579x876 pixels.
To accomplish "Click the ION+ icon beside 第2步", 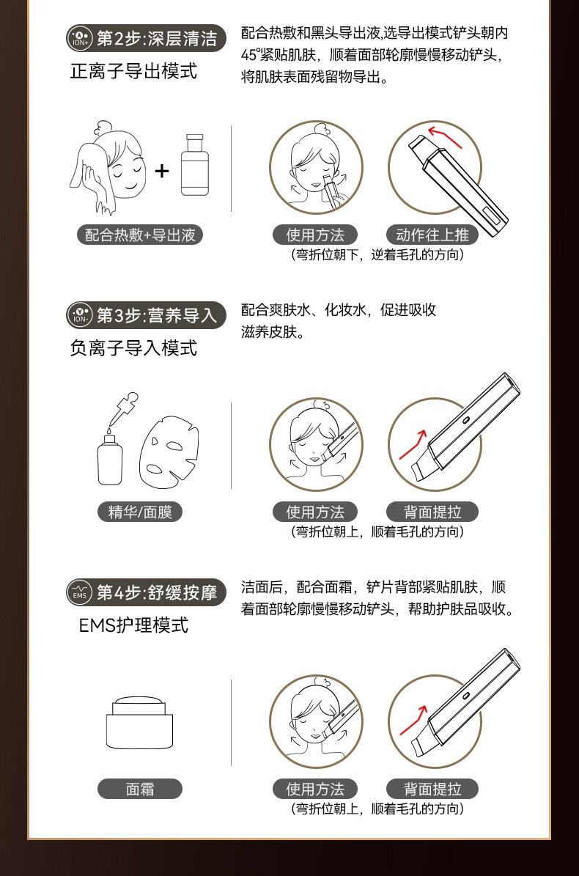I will (80, 37).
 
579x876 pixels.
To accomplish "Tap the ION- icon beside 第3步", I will (80, 315).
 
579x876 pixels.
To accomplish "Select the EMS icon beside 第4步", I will (80, 593).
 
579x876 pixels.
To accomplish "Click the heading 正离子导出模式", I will (133, 71).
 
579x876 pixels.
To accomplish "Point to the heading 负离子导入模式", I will (133, 348).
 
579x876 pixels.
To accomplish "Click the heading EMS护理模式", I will (134, 625).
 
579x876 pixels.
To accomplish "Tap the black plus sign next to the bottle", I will (162, 172).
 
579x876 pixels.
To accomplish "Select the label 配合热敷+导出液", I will (140, 235).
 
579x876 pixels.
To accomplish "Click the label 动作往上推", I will (432, 235).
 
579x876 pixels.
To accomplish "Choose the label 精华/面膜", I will (140, 512).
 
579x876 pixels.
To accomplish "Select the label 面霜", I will (140, 789).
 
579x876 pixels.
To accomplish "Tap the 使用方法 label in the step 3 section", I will (315, 512).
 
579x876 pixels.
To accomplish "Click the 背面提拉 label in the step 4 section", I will (432, 789).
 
